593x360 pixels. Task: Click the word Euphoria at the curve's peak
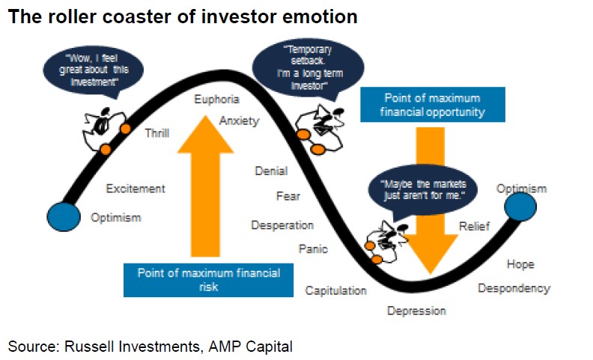tap(216, 100)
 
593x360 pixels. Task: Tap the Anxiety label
tap(239, 120)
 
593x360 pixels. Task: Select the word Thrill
tap(156, 133)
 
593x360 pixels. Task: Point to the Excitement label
tap(136, 189)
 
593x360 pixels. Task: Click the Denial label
tap(271, 171)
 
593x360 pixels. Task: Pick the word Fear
tap(288, 196)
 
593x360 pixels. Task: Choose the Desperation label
tap(282, 225)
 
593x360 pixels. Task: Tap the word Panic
tap(313, 249)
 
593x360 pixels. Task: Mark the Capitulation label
tap(335, 290)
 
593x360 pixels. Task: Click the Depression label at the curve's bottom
tap(416, 311)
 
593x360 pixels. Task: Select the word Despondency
tap(514, 288)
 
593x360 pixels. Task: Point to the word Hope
tap(520, 264)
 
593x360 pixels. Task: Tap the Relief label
tap(474, 225)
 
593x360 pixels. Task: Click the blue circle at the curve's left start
tap(63, 216)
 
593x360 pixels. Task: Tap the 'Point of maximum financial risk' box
tap(209, 279)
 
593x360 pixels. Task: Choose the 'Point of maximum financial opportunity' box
tap(432, 106)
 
